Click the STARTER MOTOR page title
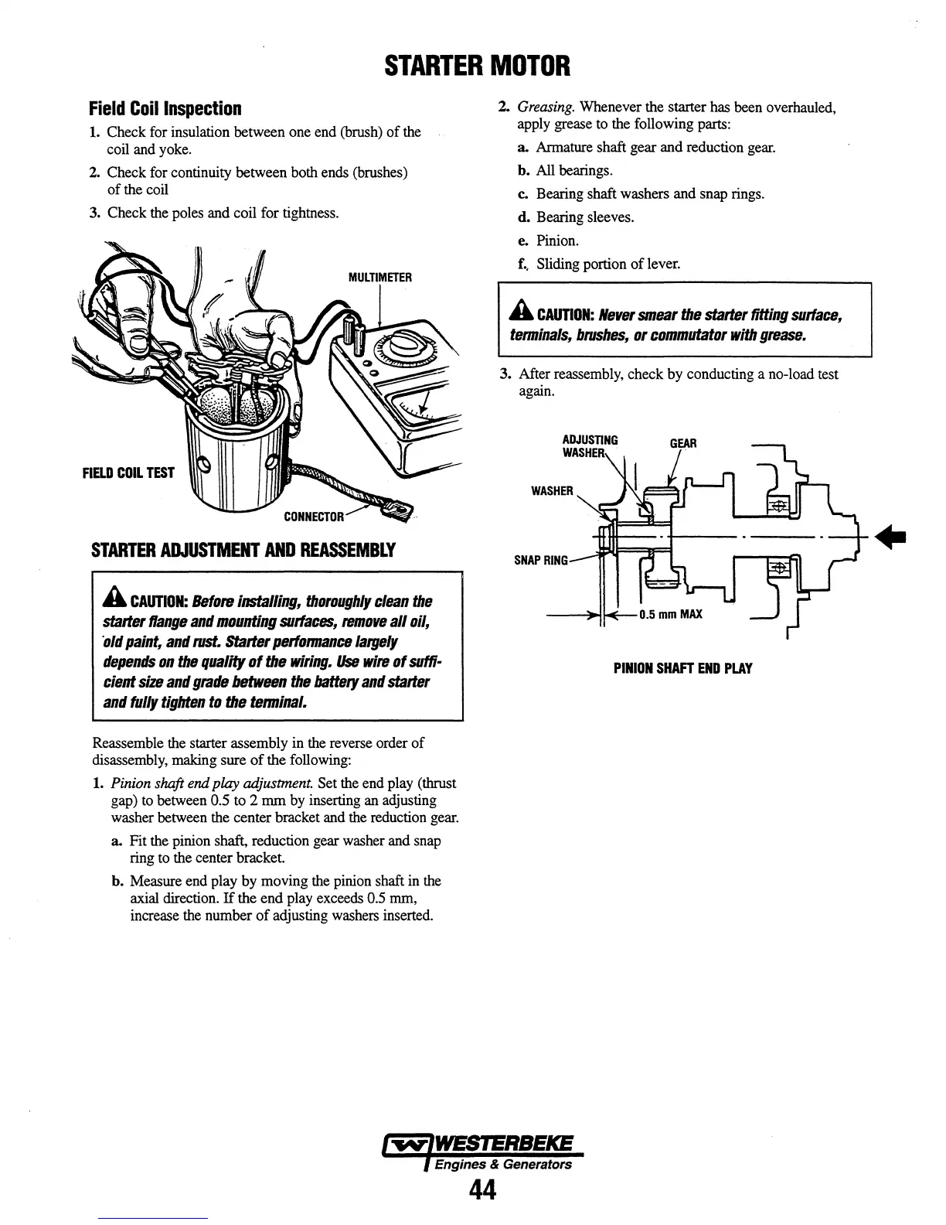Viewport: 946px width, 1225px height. [478, 66]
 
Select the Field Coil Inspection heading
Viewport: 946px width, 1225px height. [165, 108]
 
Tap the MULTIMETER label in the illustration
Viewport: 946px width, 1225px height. [380, 277]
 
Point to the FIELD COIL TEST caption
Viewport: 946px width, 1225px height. [128, 473]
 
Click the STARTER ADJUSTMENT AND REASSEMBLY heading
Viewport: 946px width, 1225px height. [243, 551]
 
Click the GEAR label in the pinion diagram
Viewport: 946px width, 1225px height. [682, 443]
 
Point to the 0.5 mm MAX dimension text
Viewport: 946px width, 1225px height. [670, 615]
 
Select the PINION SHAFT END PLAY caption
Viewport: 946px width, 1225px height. [682, 668]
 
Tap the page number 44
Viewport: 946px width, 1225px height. [482, 1191]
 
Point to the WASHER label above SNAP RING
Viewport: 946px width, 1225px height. [552, 491]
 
